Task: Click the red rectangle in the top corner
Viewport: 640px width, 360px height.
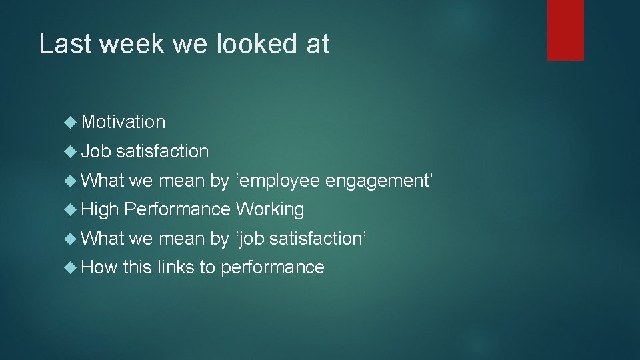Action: (x=565, y=29)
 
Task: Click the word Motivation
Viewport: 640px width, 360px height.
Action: (x=123, y=122)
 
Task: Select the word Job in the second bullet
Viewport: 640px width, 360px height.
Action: (x=95, y=151)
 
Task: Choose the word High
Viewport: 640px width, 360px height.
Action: (x=99, y=209)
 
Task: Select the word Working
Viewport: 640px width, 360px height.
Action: (x=270, y=209)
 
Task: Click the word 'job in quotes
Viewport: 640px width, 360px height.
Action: (x=250, y=239)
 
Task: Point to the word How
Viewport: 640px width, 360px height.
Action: (x=99, y=267)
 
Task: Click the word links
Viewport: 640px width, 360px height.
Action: (x=176, y=267)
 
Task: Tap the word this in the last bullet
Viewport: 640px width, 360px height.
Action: (x=137, y=267)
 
